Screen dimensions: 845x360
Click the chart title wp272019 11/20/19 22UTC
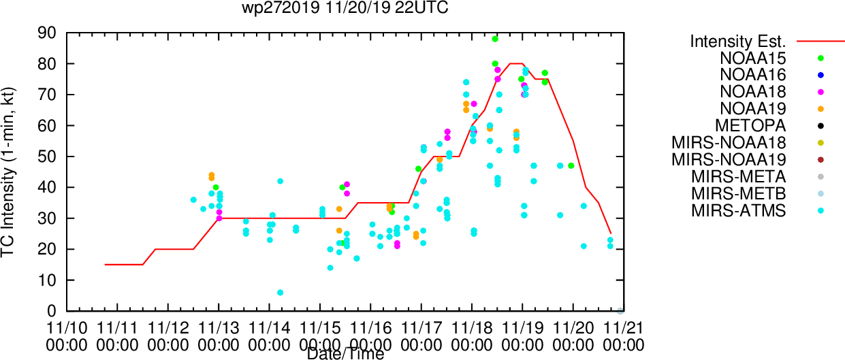point(345,7)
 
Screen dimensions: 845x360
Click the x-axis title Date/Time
point(345,354)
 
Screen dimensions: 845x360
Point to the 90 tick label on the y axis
point(47,33)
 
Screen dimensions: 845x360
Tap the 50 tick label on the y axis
point(47,157)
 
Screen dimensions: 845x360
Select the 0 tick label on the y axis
point(52,311)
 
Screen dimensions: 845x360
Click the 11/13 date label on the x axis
point(219,328)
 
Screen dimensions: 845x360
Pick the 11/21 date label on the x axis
point(624,328)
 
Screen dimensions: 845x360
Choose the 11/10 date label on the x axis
point(67,328)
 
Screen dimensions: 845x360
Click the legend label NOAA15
point(752,59)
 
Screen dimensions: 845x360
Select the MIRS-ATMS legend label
point(738,211)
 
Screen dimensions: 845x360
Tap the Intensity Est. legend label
point(738,42)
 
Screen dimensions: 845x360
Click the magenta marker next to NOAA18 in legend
point(820,92)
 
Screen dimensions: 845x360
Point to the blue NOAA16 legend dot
point(820,75)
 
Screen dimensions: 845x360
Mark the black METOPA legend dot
point(820,126)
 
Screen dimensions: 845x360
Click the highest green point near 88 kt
point(495,39)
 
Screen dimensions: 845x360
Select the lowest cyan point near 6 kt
point(280,293)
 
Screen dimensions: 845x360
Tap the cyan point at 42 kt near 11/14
point(280,181)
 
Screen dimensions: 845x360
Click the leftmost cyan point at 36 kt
point(193,200)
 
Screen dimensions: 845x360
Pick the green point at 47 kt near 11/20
point(571,166)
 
